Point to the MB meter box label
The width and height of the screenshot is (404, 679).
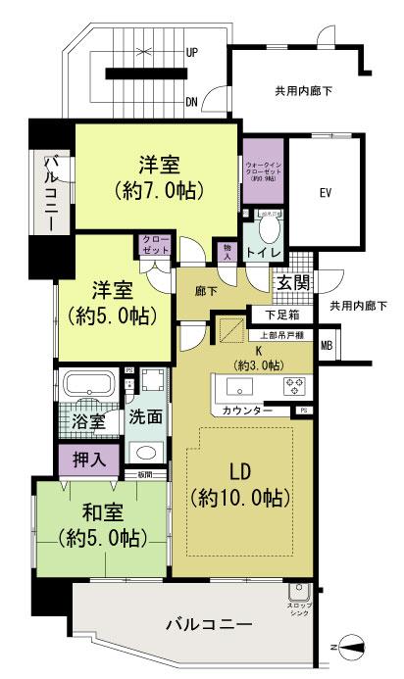(326, 344)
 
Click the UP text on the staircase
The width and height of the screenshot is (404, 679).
(192, 54)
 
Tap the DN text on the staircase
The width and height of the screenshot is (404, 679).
(192, 101)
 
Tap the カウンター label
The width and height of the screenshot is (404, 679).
(247, 410)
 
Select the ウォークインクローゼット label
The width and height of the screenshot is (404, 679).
(263, 171)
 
